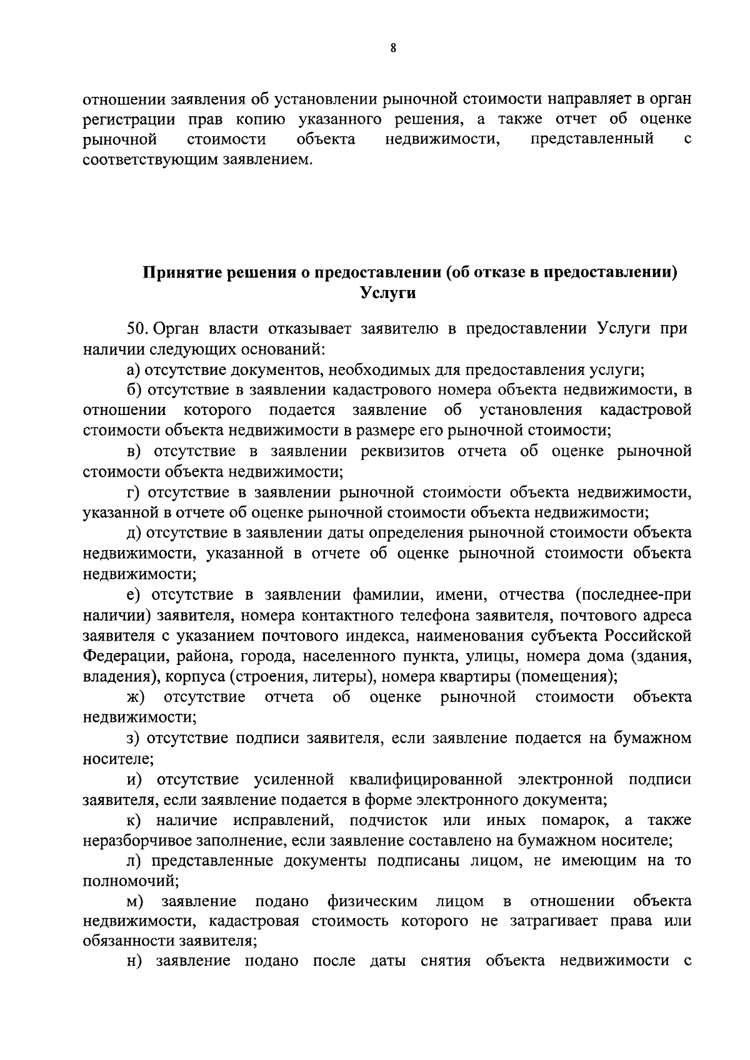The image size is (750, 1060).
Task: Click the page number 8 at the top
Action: point(392,48)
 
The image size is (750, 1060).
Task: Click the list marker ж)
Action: point(136,697)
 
